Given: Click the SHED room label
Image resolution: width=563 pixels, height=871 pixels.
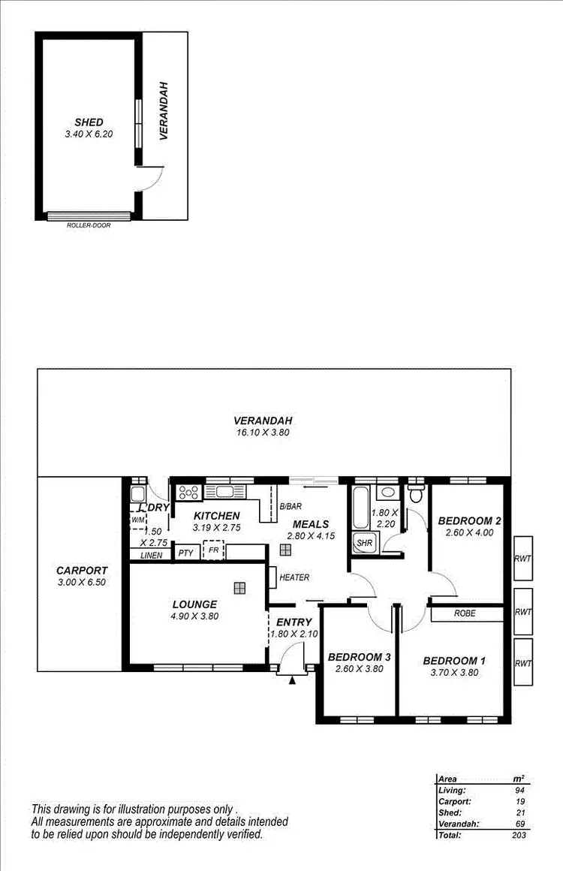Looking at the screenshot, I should point(89,122).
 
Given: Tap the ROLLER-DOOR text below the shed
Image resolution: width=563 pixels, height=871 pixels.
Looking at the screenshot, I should point(89,225).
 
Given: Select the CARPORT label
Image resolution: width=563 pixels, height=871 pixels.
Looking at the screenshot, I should point(82,570).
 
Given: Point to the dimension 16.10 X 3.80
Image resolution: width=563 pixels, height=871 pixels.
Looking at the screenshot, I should point(262,432).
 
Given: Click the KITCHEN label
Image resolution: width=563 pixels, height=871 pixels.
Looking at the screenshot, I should point(216,516).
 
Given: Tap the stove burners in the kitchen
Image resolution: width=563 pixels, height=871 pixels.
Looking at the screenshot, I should point(187,493).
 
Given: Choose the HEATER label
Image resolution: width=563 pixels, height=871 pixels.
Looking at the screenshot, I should point(294,577).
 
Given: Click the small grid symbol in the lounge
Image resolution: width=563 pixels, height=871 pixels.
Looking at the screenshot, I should point(239,587).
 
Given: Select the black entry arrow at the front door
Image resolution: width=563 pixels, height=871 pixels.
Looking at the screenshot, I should point(292,680).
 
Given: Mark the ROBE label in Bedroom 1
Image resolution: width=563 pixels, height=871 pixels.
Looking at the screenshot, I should point(465,613).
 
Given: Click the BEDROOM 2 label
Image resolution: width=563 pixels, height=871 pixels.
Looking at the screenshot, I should point(469,520).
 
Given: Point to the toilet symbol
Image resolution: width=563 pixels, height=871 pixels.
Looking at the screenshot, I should point(416,494).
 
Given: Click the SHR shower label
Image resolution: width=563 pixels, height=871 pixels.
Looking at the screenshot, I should point(364,542).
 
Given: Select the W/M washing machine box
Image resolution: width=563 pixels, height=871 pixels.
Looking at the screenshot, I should point(137,520).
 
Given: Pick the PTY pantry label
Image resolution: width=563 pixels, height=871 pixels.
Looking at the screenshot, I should point(185,553).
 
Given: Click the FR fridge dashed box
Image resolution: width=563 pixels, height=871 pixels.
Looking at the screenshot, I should point(214,550).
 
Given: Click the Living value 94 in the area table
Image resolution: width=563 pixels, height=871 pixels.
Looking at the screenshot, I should point(519,790).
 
